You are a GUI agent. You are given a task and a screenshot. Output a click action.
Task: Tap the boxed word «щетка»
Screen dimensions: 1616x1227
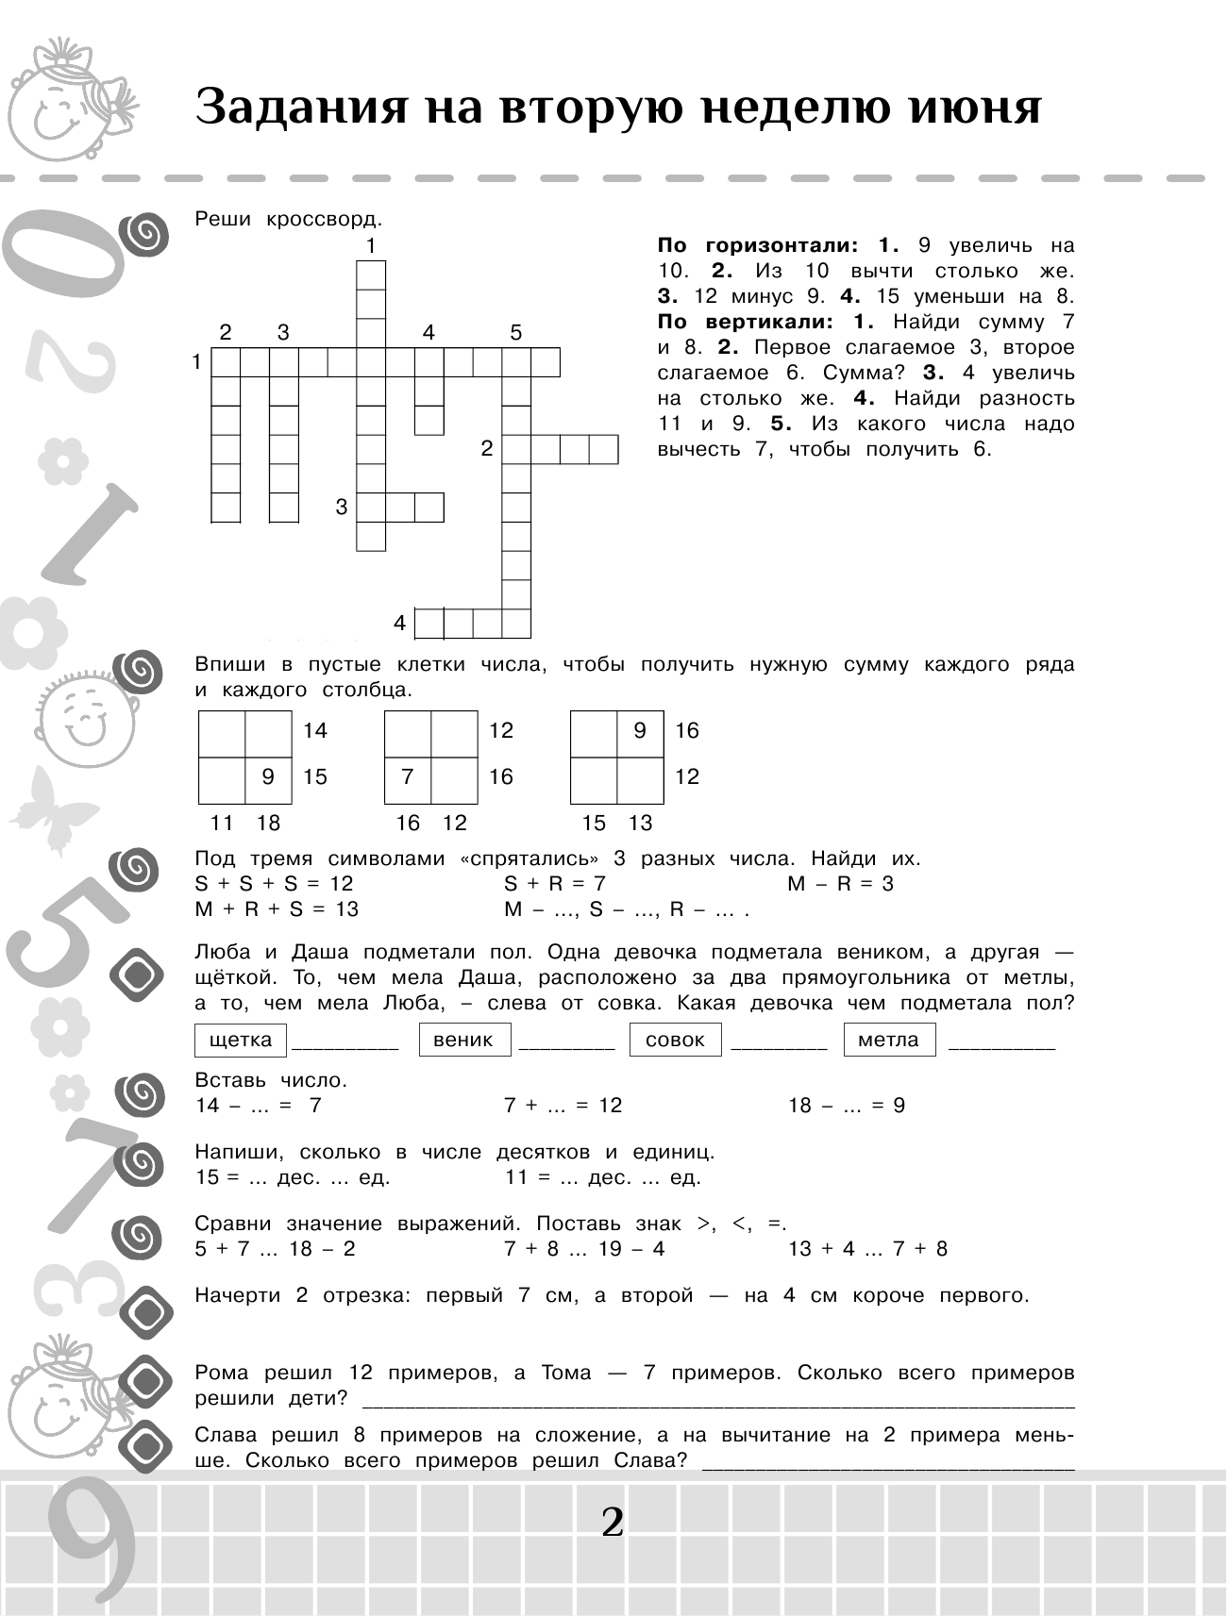coord(241,1040)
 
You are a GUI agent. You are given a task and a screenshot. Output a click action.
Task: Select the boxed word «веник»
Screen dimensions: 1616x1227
coord(462,1040)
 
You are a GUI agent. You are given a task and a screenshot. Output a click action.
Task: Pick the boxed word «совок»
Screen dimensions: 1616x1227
coord(675,1040)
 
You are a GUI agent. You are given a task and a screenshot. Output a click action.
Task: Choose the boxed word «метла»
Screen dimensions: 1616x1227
coord(888,1040)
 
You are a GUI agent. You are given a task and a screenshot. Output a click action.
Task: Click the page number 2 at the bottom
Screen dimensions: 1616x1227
coord(613,1521)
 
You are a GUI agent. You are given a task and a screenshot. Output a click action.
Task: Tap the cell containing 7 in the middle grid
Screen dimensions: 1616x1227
coord(408,776)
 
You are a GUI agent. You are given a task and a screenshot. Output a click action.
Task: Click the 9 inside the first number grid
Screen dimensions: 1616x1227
coord(268,776)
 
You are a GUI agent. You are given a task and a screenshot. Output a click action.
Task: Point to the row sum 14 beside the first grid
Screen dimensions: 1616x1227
coord(315,730)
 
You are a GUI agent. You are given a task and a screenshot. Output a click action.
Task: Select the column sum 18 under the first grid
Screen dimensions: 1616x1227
coord(269,823)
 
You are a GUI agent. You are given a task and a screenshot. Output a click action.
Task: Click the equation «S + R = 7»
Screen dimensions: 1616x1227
coord(555,884)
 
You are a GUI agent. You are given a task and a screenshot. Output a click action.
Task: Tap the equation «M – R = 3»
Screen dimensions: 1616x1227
coord(840,884)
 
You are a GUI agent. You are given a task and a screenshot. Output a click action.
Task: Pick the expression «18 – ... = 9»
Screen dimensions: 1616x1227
coord(847,1106)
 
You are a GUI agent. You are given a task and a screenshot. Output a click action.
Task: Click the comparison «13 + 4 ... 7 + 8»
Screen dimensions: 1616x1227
coord(867,1249)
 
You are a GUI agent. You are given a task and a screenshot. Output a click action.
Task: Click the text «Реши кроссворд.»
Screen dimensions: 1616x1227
coord(289,220)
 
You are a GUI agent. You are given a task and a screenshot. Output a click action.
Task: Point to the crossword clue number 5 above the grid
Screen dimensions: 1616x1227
coord(515,332)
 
